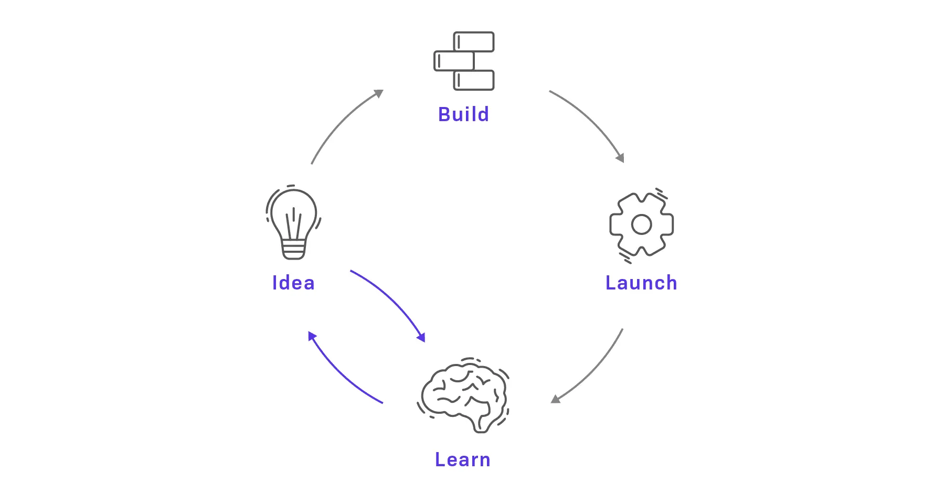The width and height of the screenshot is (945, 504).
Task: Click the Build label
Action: (x=463, y=114)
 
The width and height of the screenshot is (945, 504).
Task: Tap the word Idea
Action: (x=293, y=283)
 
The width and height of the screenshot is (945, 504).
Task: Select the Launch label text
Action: (x=641, y=283)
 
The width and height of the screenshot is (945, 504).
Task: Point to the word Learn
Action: (x=463, y=459)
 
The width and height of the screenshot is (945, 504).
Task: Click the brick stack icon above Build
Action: (x=464, y=61)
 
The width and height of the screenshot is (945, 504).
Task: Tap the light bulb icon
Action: (x=293, y=222)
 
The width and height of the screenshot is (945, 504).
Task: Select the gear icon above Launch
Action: (x=641, y=224)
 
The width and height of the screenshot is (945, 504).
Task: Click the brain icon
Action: (x=464, y=394)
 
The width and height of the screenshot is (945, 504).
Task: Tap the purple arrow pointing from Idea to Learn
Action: (x=391, y=302)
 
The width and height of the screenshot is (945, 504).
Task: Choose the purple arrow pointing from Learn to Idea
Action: (x=341, y=372)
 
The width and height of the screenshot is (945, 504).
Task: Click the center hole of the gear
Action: (x=641, y=224)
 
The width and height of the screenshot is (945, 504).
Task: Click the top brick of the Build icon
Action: (x=474, y=42)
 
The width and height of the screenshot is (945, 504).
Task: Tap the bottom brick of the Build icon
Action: (x=474, y=80)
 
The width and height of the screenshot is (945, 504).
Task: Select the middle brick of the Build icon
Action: (x=454, y=61)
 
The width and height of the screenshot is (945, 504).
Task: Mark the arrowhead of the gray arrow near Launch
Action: (x=620, y=157)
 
